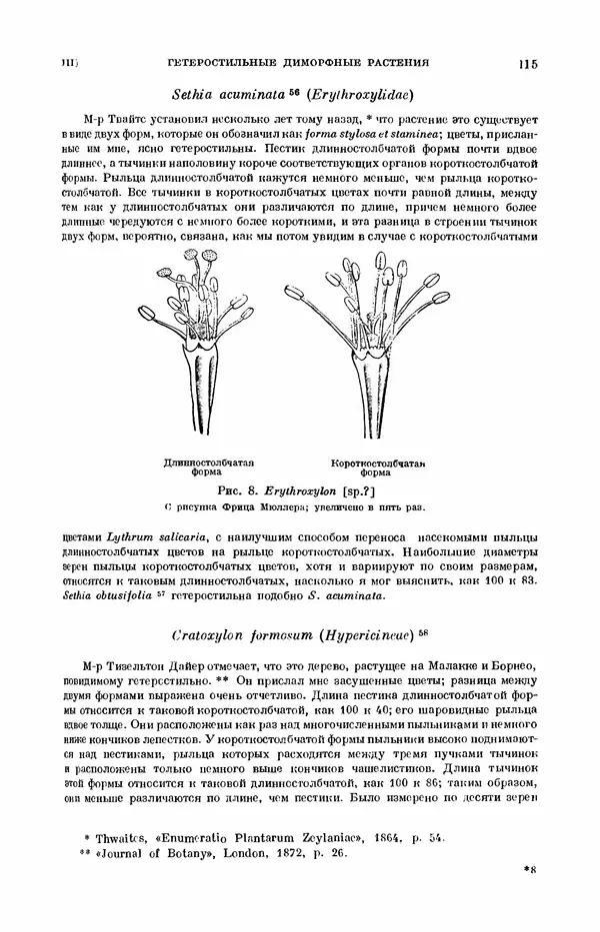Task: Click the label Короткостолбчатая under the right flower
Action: click(x=379, y=464)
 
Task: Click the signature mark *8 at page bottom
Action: click(x=530, y=899)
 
